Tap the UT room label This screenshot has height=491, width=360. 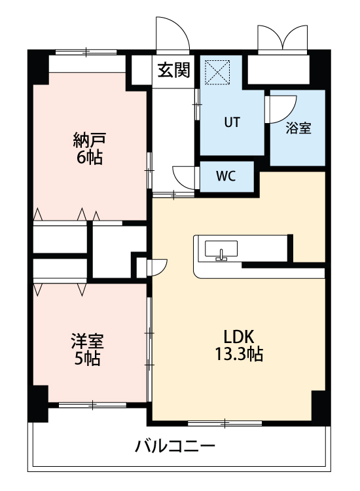[232, 122]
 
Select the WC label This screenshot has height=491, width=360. [226, 176]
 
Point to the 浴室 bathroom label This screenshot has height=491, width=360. [298, 128]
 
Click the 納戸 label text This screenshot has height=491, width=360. [90, 140]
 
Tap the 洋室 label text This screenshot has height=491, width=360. [87, 342]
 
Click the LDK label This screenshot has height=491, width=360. [239, 336]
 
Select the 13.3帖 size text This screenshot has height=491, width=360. [239, 355]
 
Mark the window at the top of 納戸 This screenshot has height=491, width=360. [86, 52]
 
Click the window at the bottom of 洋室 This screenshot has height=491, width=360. [92, 405]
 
